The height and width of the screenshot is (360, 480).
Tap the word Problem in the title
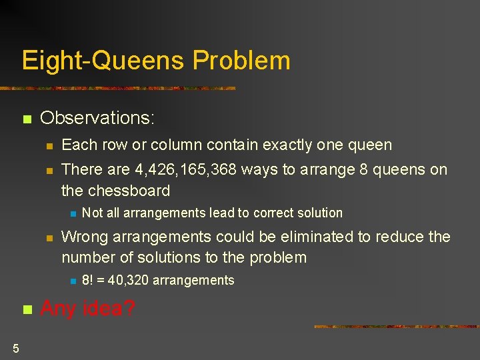pos(241,61)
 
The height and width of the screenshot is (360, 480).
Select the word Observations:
pos(97,118)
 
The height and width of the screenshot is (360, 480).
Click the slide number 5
pos(15,347)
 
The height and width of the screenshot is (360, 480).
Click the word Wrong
pos(83,237)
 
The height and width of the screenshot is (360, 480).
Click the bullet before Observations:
pos(27,120)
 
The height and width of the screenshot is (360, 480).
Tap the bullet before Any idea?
pos(27,310)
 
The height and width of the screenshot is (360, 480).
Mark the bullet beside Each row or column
pos(48,146)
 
